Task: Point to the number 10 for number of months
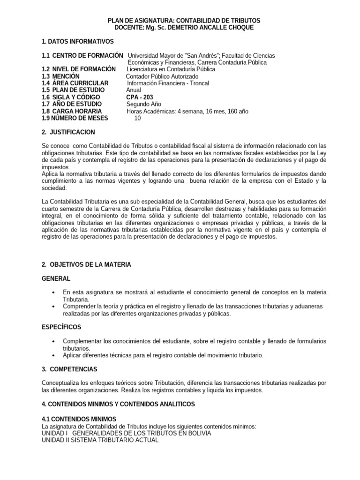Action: (x=137, y=118)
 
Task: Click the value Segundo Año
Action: (x=145, y=104)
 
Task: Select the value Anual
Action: (x=134, y=90)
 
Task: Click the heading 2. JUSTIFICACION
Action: (x=68, y=132)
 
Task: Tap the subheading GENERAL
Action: (x=56, y=278)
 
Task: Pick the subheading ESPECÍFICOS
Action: (x=61, y=326)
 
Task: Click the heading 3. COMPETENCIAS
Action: (x=70, y=369)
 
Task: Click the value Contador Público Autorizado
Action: (x=162, y=76)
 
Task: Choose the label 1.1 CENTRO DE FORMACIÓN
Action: (x=83, y=56)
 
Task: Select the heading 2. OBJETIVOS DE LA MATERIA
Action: (x=87, y=264)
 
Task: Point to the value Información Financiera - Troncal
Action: (x=168, y=83)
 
